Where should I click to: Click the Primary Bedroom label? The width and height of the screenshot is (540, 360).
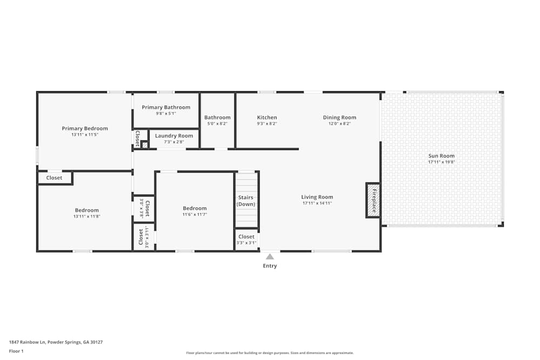point(85,128)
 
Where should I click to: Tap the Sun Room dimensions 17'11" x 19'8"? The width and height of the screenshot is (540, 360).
point(441,162)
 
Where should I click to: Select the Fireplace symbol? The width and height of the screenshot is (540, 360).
point(373,200)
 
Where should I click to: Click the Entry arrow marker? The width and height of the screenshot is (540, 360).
point(269,257)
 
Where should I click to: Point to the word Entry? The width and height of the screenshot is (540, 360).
point(269,266)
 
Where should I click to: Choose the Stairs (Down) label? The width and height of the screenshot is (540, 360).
point(246,201)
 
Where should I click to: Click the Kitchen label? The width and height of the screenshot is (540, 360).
point(267,118)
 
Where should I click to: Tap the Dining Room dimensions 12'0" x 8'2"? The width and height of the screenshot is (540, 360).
point(340,124)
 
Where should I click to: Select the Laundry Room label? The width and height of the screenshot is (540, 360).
point(174,136)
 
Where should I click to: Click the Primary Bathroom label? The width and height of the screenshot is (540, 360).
point(166,107)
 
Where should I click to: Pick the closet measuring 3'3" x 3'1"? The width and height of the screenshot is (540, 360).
point(246,239)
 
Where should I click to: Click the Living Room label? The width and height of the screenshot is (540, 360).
point(317,197)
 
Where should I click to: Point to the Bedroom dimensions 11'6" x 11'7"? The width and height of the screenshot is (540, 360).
point(194,214)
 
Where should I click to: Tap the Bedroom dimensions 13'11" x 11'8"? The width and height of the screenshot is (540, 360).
point(86,216)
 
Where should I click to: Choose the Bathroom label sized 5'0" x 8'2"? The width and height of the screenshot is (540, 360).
point(217,118)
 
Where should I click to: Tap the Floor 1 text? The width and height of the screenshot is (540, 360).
point(16,351)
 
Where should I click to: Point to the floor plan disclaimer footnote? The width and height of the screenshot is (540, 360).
point(269,353)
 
